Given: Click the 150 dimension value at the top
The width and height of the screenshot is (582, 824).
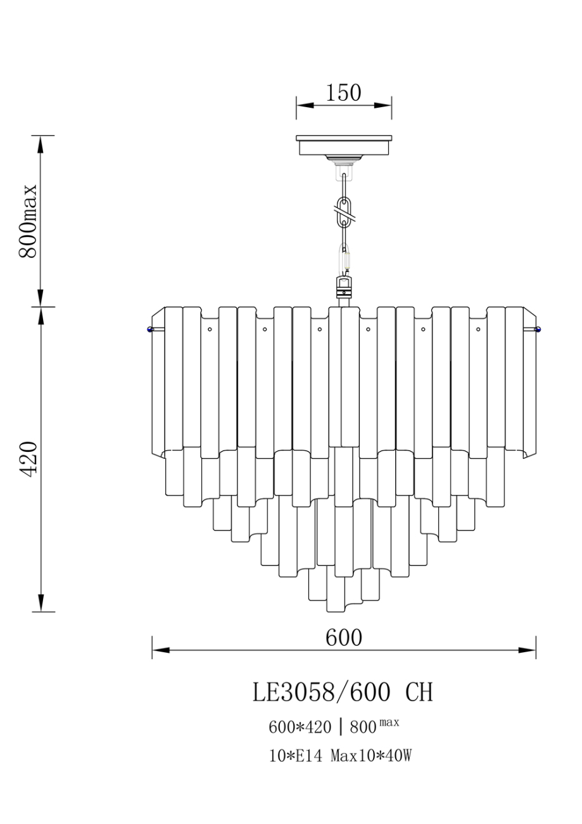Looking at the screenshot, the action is pos(343,93).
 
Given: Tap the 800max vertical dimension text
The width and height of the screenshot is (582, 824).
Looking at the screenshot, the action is pos(28,221).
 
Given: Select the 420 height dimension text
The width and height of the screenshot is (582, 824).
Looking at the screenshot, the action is pos(28,459).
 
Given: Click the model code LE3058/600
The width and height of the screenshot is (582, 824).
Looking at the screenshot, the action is pos(321,692).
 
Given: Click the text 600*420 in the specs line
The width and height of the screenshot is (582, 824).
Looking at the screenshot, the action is pos(300,727).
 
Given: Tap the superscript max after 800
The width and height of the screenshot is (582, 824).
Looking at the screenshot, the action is pos(389,722).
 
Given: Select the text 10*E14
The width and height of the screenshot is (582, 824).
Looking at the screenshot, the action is pos(296,756).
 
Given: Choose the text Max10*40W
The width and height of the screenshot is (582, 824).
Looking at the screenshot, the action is pos(370,756).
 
